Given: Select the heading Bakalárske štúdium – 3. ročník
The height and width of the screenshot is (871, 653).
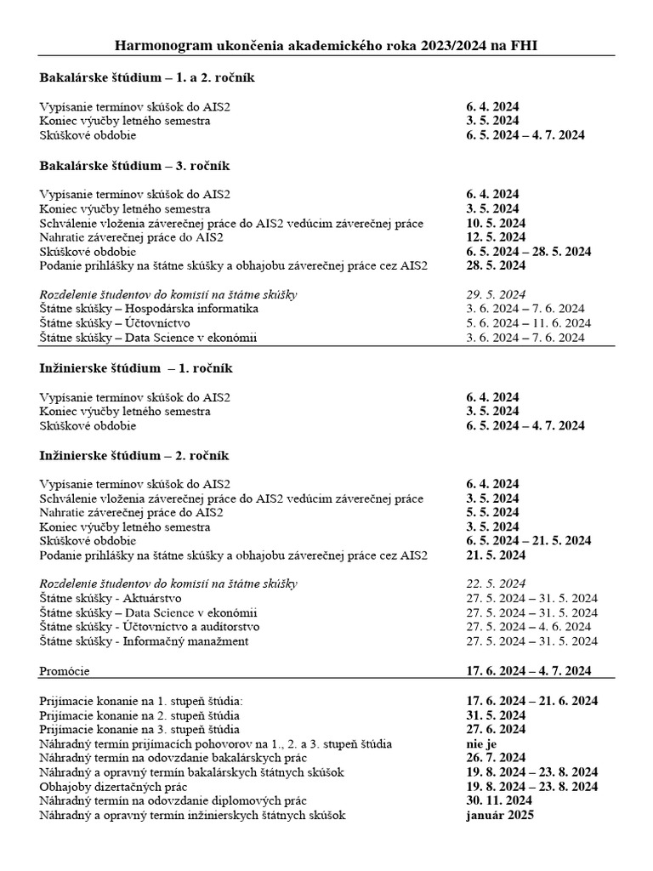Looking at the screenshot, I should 135,165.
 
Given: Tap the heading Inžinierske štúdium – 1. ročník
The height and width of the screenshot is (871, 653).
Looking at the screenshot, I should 136,368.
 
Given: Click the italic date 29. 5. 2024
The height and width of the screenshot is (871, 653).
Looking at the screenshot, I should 496,294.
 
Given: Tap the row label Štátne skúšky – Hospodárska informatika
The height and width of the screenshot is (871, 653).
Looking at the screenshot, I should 149,309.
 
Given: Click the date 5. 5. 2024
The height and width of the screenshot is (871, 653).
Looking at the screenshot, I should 492,512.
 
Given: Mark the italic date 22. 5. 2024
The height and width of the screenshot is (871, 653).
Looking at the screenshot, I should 496,584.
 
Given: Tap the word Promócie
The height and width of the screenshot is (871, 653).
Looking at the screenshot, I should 64,671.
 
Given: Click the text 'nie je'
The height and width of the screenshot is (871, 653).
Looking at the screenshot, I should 481,743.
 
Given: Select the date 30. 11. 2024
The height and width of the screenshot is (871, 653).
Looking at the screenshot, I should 499,801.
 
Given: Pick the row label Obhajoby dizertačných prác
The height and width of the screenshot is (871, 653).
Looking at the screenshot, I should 113,787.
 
